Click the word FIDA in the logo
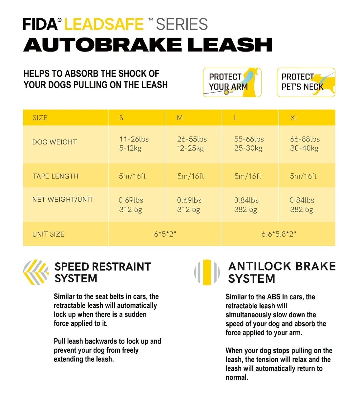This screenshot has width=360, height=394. tap(40, 24)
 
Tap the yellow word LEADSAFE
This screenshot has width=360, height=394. tap(104, 24)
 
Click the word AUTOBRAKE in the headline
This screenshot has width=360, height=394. tap(102, 45)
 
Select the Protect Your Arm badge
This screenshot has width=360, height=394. tap(232, 82)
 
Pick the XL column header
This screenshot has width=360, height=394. tap(294, 118)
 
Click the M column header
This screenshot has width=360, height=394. tap(180, 118)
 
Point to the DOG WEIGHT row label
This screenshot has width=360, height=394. tap(54, 142)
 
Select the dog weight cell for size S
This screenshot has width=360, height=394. tap(134, 143)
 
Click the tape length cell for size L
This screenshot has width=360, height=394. tap(248, 176)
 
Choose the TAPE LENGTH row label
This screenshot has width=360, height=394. tap(55, 176)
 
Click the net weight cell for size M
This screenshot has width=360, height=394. tap(189, 205)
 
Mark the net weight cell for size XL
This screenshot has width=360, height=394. tap(302, 205)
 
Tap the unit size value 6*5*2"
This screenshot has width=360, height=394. tap(165, 234)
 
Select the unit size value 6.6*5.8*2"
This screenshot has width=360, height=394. tap(279, 234)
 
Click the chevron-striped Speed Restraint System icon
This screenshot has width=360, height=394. tap(36, 272)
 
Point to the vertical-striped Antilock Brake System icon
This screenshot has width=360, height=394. tap(207, 272)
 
